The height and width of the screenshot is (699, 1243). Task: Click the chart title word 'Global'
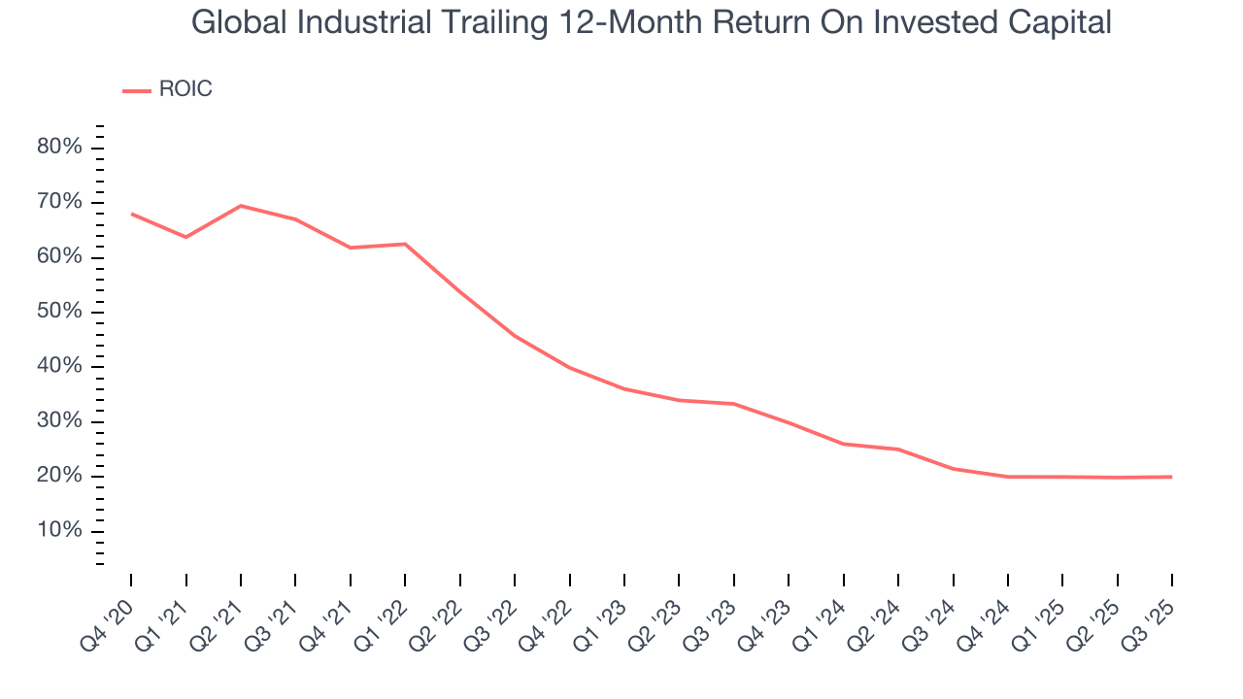click(239, 22)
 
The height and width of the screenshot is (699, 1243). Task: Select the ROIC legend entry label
click(185, 89)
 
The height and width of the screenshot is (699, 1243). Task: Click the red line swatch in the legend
click(136, 90)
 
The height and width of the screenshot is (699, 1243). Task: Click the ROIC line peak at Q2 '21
click(241, 206)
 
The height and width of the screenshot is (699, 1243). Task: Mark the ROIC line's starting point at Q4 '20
click(131, 214)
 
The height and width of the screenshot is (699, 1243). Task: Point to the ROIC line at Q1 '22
click(405, 244)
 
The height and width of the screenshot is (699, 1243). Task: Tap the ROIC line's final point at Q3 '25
click(1171, 477)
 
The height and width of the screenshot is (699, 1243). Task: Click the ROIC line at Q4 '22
click(569, 368)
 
